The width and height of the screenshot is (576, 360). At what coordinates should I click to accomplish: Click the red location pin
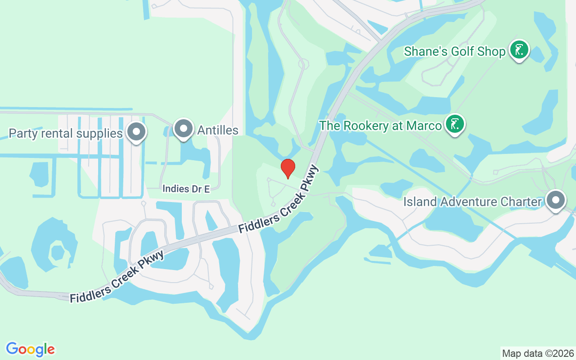[288, 168]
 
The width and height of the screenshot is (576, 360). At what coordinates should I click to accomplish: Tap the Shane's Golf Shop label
[454, 51]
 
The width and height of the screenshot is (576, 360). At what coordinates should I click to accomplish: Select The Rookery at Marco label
[380, 126]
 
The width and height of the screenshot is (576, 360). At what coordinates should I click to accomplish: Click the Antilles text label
[218, 130]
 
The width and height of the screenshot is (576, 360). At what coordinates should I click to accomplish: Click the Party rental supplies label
[66, 133]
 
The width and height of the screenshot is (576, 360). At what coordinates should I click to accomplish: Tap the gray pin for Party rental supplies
[136, 131]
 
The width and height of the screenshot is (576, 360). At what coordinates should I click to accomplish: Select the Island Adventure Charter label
[472, 202]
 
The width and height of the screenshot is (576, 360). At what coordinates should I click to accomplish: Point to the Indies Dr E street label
[186, 189]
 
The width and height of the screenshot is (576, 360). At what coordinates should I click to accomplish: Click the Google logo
[31, 349]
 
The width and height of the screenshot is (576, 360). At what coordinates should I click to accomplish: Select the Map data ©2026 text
[538, 353]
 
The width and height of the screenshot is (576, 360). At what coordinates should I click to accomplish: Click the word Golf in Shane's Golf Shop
[461, 51]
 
